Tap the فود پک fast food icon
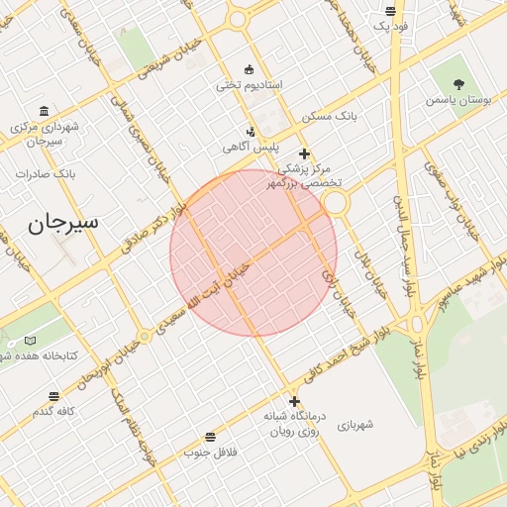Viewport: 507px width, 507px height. point(392,11)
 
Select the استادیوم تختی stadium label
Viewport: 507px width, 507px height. point(250,85)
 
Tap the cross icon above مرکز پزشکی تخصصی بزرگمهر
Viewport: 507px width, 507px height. point(304,153)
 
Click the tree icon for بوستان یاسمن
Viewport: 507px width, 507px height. point(458,84)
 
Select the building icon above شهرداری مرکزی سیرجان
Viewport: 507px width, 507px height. point(44,111)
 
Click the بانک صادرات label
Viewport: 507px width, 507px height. point(46,174)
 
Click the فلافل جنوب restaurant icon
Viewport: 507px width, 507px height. point(210,437)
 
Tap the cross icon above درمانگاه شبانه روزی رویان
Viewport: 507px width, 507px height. point(293,402)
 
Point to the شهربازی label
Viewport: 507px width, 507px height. point(355,425)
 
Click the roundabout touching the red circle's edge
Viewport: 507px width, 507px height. point(335,202)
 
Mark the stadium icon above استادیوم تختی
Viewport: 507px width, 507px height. point(249,69)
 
